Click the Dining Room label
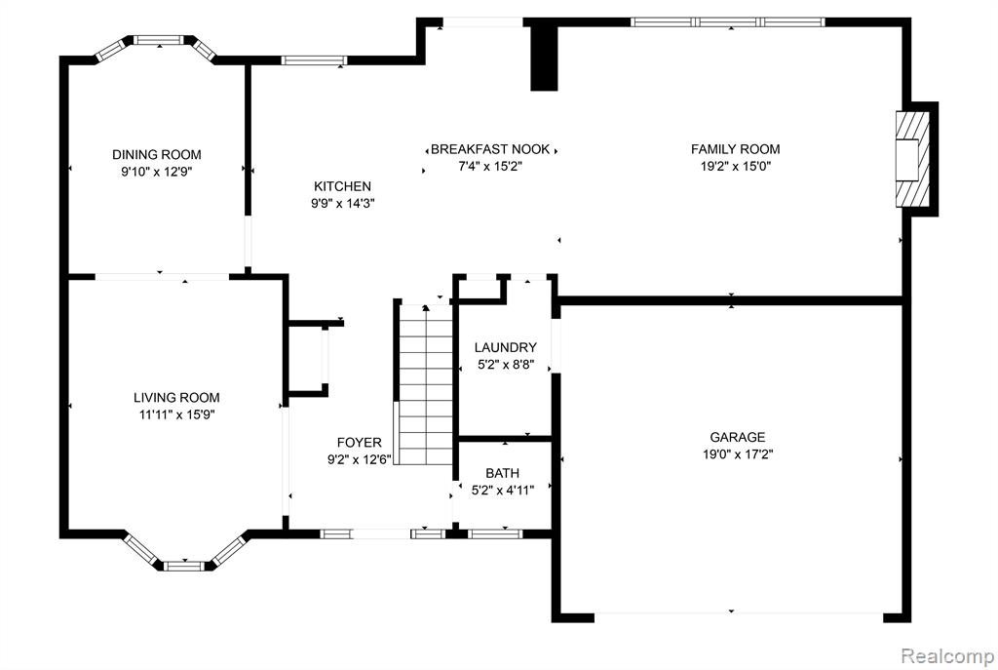157,155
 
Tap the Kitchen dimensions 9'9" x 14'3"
342,204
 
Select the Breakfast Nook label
490,149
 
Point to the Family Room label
735,149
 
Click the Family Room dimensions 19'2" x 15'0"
735,167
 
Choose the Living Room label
176,398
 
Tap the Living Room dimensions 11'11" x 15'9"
176,415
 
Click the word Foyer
359,443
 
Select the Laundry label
506,348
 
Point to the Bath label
502,473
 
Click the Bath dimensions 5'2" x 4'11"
502,491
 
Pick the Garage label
737,438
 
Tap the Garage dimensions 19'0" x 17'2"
737,454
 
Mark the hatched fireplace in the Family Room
912,159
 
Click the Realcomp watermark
947,654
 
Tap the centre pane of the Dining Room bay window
159,40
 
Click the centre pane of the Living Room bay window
185,566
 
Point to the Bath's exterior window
494,533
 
